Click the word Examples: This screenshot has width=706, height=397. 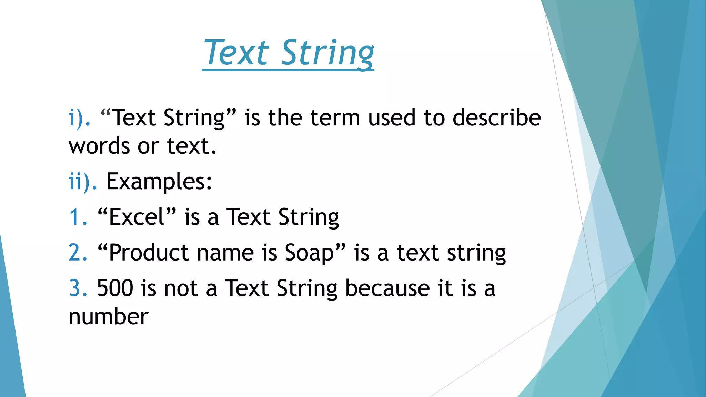(x=159, y=181)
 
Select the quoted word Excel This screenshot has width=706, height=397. (x=137, y=217)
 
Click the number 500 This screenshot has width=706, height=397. (x=115, y=288)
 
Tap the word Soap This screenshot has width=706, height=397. (x=310, y=253)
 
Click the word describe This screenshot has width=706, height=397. (x=496, y=118)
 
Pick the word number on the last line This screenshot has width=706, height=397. (x=108, y=316)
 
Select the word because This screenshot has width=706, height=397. (x=387, y=288)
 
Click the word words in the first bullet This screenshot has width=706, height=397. (x=99, y=146)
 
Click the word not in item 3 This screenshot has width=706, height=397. (x=181, y=288)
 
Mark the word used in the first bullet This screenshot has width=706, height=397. (x=392, y=118)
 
